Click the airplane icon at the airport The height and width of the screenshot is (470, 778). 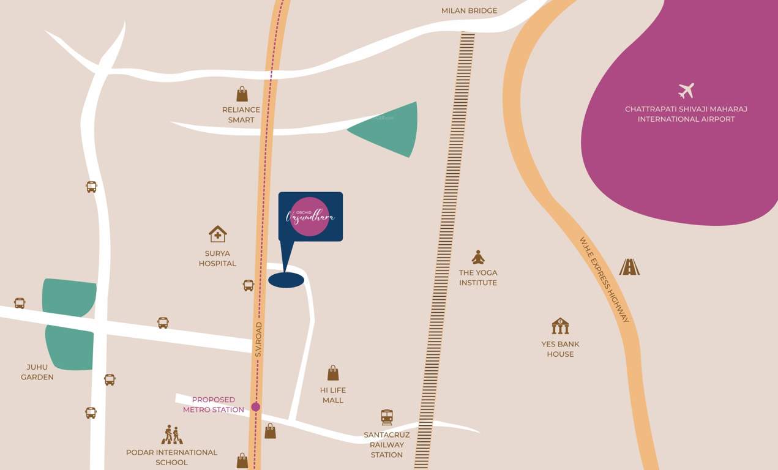pyautogui.click(x=686, y=91)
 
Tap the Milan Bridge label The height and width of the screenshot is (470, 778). pyautogui.click(x=469, y=10)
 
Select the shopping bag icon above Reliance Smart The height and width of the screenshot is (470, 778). pyautogui.click(x=242, y=94)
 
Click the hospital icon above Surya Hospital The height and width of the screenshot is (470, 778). pyautogui.click(x=217, y=234)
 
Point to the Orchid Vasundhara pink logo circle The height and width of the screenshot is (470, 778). pyautogui.click(x=310, y=217)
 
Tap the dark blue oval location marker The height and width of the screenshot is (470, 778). pyautogui.click(x=286, y=280)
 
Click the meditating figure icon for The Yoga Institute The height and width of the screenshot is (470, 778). pyautogui.click(x=478, y=257)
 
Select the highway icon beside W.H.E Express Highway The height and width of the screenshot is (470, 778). pyautogui.click(x=629, y=267)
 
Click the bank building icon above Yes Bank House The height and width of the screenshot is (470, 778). pyautogui.click(x=560, y=326)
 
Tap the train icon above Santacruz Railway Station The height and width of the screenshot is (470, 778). pyautogui.click(x=387, y=417)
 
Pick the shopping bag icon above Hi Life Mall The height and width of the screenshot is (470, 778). pyautogui.click(x=333, y=373)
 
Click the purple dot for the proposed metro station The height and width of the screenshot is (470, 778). pyautogui.click(x=256, y=406)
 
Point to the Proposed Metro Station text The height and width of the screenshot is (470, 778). pyautogui.click(x=214, y=405)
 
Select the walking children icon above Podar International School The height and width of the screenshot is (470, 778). pyautogui.click(x=172, y=435)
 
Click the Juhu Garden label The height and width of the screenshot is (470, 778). pyautogui.click(x=37, y=372)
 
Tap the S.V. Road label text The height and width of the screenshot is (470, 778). pyautogui.click(x=258, y=340)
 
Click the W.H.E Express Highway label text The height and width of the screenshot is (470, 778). pyautogui.click(x=604, y=280)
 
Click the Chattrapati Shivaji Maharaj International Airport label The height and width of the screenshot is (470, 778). pyautogui.click(x=686, y=114)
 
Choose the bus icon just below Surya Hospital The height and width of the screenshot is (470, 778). pyautogui.click(x=248, y=285)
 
